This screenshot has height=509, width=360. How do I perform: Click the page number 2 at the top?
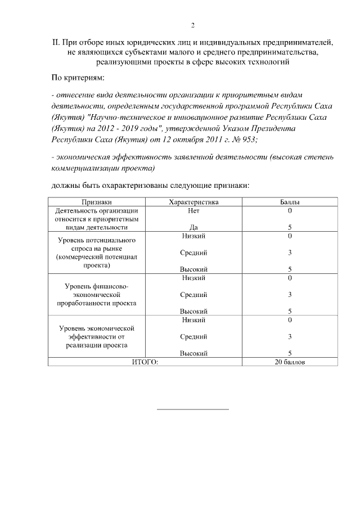192,25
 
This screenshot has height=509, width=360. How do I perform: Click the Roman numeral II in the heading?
56,42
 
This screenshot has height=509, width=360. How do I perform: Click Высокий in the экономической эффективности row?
193,353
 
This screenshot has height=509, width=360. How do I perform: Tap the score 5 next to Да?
289,227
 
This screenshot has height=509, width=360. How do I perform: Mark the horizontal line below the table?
192,409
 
